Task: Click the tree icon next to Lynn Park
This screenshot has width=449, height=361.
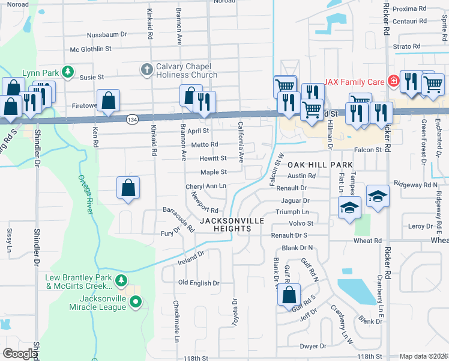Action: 68,73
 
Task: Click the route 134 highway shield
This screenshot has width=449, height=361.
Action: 131,120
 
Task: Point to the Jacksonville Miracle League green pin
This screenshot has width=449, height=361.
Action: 136,303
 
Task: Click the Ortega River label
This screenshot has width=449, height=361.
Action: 85,194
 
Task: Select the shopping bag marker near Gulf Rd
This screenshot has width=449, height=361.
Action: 289,295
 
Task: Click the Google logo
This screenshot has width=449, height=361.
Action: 19,354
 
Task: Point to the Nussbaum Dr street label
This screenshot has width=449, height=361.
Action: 106,35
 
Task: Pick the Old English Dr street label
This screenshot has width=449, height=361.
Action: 199,282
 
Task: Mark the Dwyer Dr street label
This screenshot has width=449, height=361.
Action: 312,346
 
